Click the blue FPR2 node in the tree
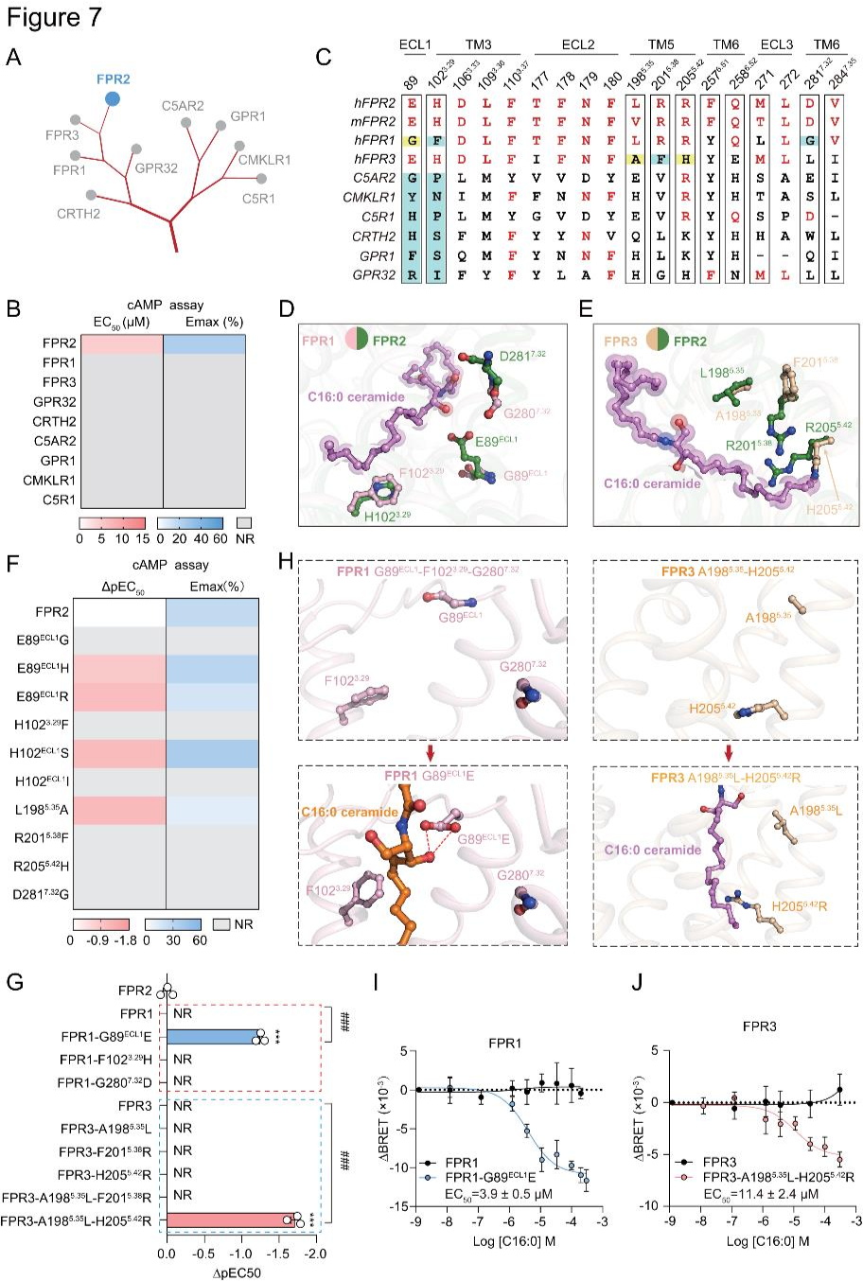click(113, 97)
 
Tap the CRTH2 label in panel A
click(77, 214)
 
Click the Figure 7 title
click(53, 18)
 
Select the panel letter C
click(323, 58)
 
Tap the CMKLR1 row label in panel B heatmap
click(50, 480)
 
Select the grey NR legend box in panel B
click(243, 522)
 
